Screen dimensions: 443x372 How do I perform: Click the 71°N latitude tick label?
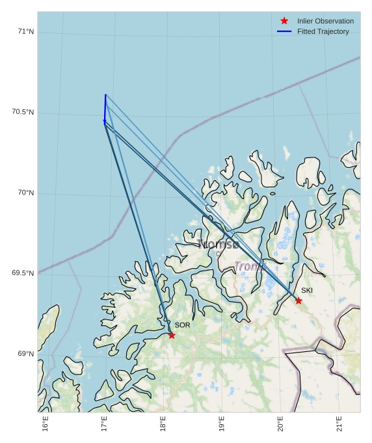pos(26,31)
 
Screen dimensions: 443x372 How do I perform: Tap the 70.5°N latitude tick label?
pos(23,112)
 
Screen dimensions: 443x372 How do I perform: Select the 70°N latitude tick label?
pos(26,193)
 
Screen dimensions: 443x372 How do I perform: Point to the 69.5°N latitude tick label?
pos(23,273)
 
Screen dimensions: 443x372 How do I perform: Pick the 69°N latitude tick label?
pos(26,354)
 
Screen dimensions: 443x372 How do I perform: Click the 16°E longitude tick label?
pos(46,423)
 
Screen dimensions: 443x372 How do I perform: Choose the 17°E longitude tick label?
pos(104,423)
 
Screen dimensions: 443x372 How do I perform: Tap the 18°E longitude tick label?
pos(163,423)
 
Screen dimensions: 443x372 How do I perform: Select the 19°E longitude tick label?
pos(222,423)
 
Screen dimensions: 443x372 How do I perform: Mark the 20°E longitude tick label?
pos(280,423)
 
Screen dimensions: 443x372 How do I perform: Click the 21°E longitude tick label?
pos(339,423)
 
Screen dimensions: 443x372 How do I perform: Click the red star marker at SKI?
pos(299,301)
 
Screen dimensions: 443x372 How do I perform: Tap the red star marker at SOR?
pos(172,335)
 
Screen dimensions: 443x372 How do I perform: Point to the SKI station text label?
pos(307,290)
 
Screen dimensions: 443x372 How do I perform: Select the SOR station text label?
pos(182,325)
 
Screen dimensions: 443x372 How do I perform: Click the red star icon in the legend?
pos(284,21)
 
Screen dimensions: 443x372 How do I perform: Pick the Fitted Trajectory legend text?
pos(323,31)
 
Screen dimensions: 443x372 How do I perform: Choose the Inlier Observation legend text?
pos(325,21)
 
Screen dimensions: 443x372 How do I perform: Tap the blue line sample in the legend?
pos(284,31)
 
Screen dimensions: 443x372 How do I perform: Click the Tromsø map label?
pos(218,245)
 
